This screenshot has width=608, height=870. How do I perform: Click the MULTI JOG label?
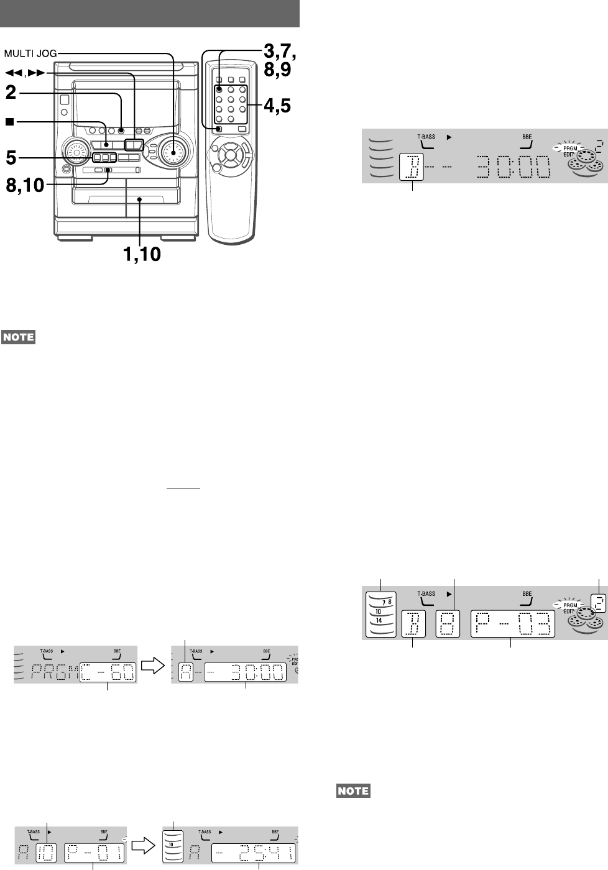click(x=30, y=54)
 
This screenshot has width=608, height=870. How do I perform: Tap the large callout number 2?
click(x=11, y=94)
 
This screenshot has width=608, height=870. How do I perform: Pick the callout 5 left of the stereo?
click(x=11, y=157)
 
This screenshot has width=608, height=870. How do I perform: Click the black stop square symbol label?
click(x=9, y=122)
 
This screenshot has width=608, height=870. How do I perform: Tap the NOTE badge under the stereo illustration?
click(x=18, y=337)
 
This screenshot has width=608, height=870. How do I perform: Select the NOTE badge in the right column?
click(x=353, y=792)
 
